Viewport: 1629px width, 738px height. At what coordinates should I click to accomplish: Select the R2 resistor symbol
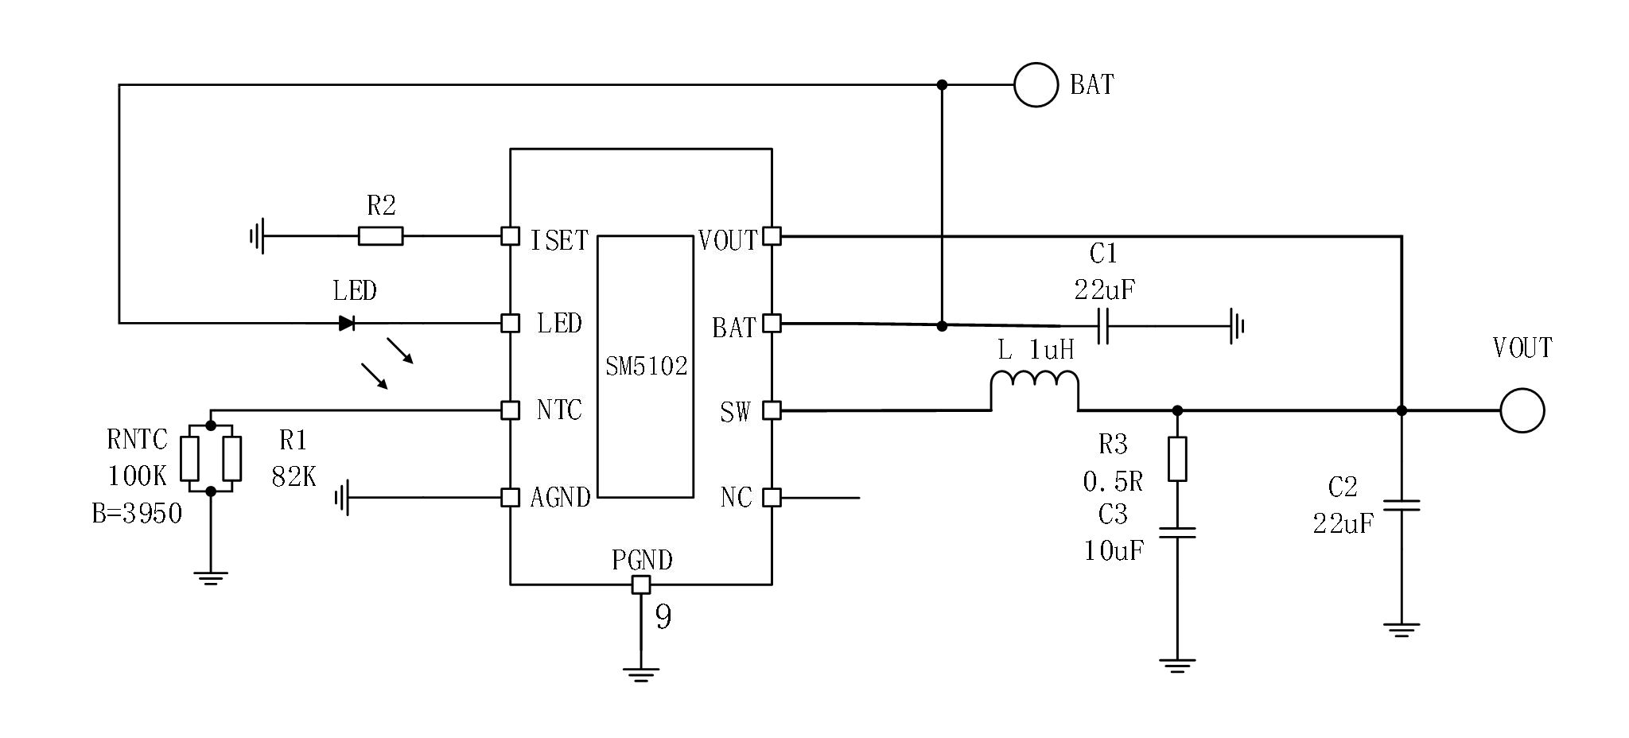click(x=380, y=236)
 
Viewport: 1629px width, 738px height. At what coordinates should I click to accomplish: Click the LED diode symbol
click(x=347, y=323)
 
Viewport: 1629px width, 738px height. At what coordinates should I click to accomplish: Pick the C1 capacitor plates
click(x=1103, y=326)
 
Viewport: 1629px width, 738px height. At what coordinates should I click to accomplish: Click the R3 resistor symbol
click(x=1177, y=459)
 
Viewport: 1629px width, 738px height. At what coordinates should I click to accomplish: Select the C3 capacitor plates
click(x=1177, y=532)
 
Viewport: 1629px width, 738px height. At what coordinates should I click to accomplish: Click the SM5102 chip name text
click(x=646, y=367)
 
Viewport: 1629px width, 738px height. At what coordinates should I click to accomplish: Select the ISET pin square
click(x=510, y=236)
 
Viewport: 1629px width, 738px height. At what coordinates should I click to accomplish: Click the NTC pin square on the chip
click(x=510, y=410)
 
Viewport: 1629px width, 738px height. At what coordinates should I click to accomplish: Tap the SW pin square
click(x=772, y=410)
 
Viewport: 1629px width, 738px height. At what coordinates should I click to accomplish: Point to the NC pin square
click(x=772, y=498)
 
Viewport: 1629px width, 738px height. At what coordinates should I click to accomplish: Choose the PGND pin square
click(x=641, y=585)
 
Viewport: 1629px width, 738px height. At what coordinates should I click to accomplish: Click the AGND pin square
click(x=510, y=498)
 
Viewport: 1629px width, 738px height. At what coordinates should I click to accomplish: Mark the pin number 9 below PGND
click(x=663, y=617)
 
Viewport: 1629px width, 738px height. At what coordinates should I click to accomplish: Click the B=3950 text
click(x=137, y=514)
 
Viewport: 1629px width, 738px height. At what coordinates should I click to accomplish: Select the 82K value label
click(x=294, y=476)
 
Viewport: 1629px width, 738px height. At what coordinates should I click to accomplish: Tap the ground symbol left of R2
click(x=257, y=236)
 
